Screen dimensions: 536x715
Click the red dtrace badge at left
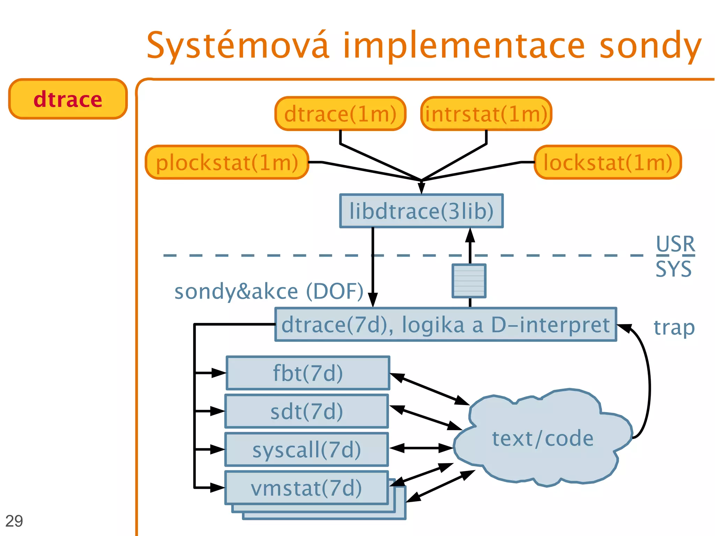tap(68, 99)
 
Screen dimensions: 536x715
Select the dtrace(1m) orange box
tap(340, 114)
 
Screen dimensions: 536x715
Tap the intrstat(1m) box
tap(486, 114)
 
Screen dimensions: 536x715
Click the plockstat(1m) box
tap(227, 162)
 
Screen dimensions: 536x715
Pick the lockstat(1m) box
tap(607, 162)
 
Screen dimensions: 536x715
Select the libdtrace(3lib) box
tap(421, 211)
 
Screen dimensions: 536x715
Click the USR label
tap(675, 244)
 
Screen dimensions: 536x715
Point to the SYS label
tap(673, 269)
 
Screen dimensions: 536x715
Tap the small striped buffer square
tap(469, 281)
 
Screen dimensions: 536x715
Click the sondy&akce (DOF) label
tap(269, 291)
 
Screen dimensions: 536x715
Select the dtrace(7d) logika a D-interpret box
tap(445, 324)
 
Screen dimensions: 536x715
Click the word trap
tap(674, 328)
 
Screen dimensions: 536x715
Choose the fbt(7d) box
tap(308, 373)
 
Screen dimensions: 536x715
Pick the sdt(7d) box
tap(307, 411)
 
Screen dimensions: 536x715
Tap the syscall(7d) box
tap(307, 449)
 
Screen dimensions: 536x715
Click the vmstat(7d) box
tap(307, 488)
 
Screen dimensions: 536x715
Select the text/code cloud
tap(543, 438)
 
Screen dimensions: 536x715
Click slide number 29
tap(14, 521)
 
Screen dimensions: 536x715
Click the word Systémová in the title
tap(237, 45)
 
